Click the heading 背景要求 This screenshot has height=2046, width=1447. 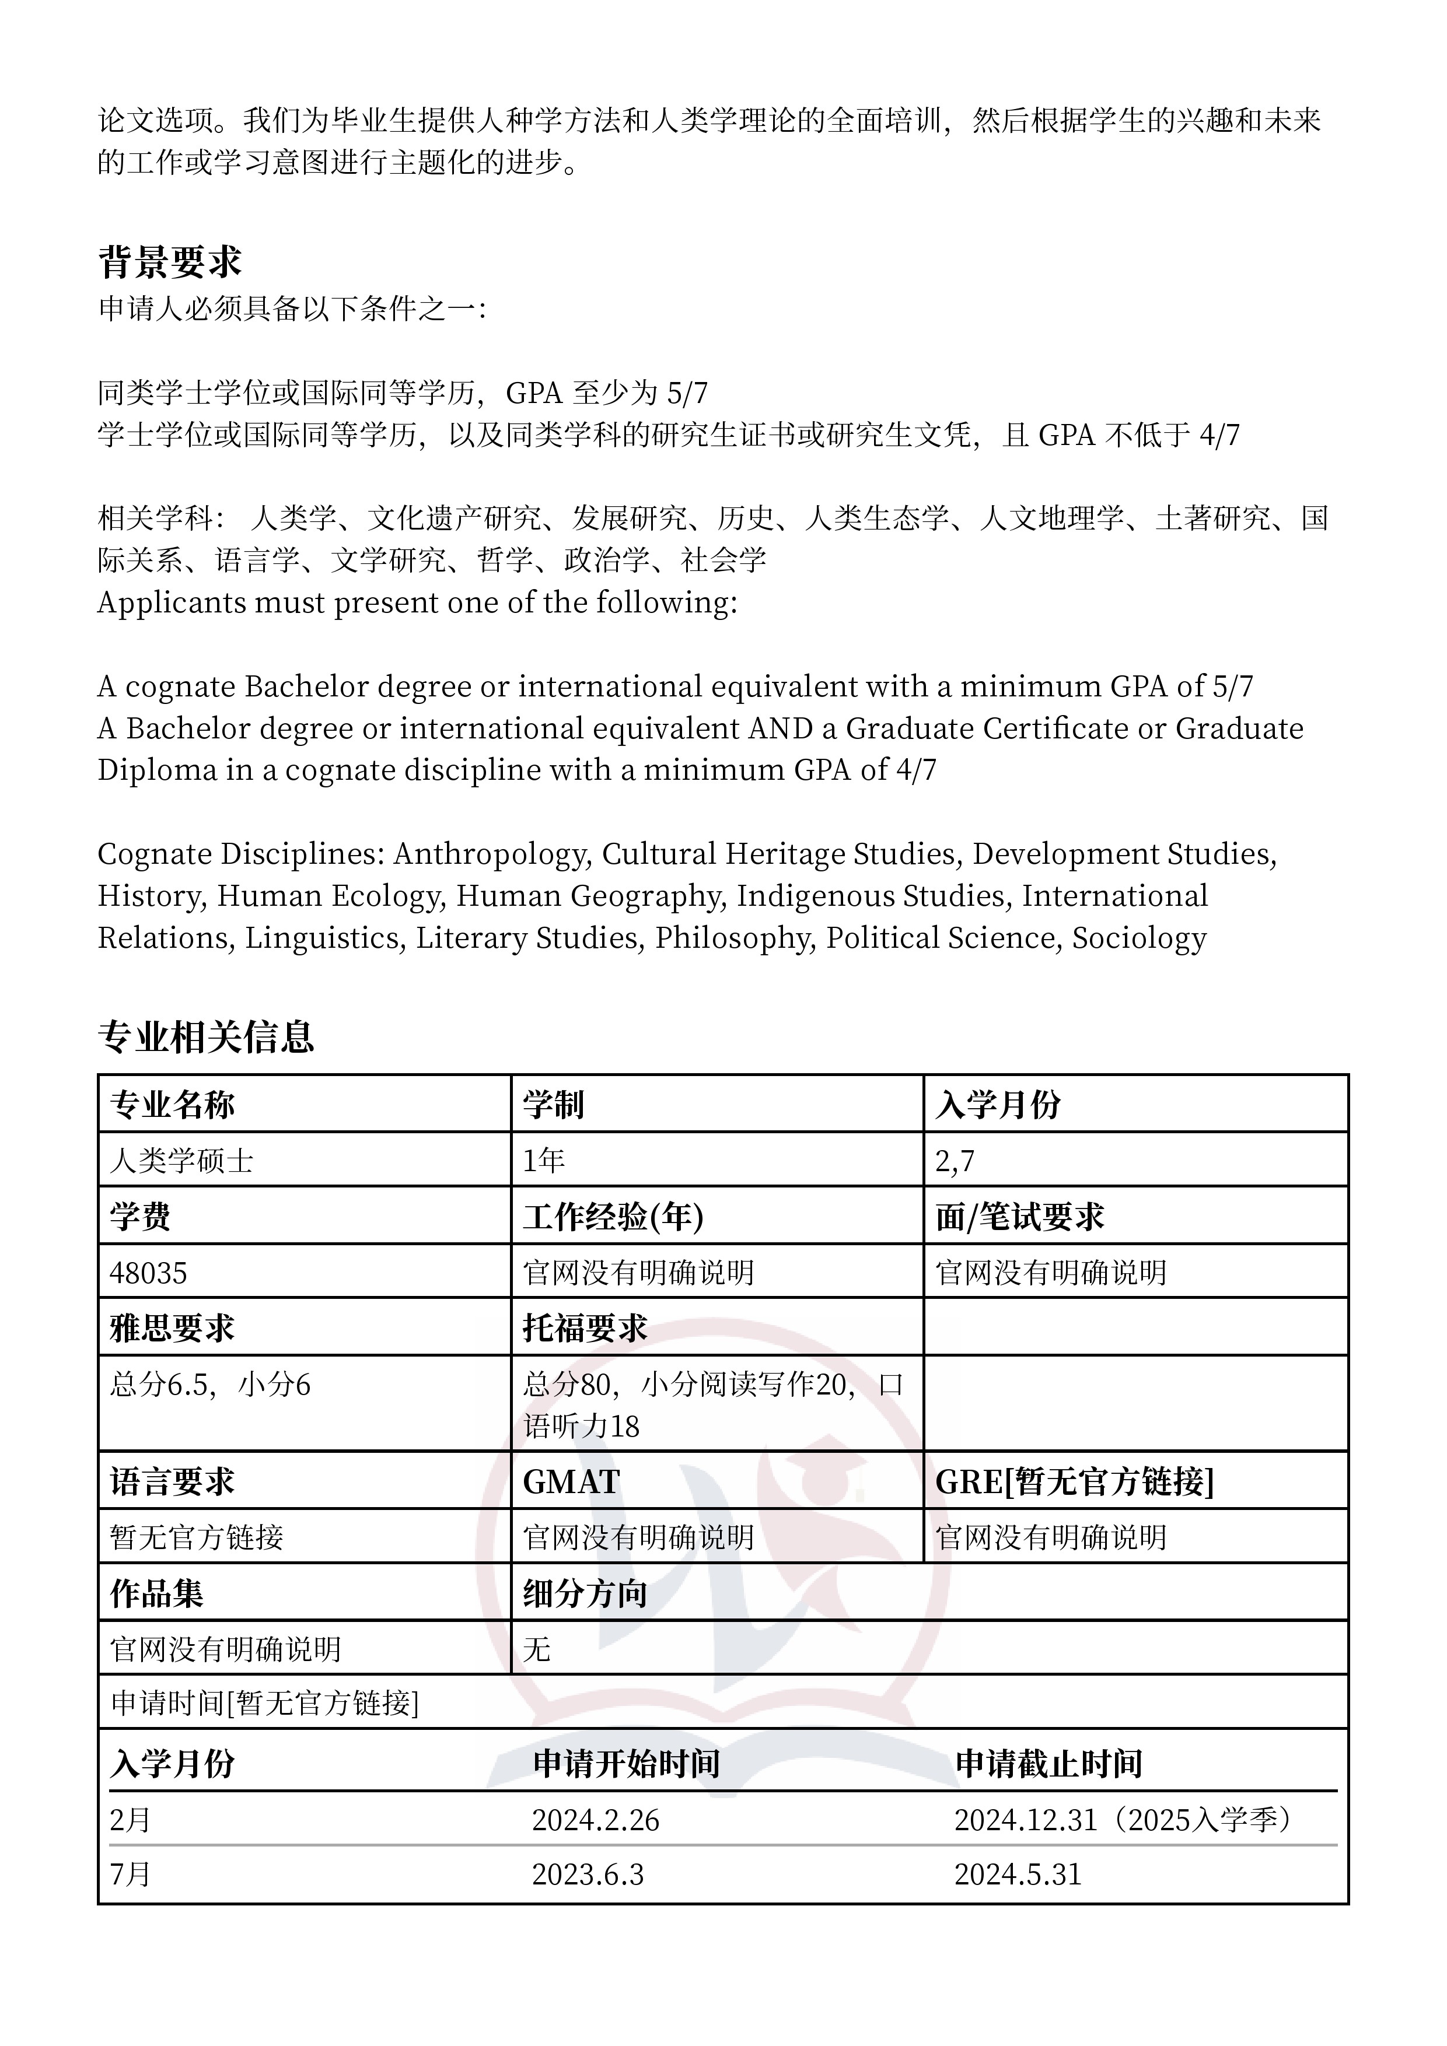click(169, 262)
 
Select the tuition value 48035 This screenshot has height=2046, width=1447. click(148, 1273)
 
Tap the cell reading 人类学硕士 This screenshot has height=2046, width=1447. click(182, 1160)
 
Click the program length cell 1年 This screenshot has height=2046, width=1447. click(544, 1160)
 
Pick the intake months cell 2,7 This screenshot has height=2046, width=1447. click(955, 1160)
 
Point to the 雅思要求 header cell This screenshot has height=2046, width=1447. click(172, 1329)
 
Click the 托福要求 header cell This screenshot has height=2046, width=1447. click(585, 1329)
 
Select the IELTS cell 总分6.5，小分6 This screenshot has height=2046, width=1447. click(211, 1385)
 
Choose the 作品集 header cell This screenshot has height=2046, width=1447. click(157, 1594)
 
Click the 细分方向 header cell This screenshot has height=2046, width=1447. click(585, 1594)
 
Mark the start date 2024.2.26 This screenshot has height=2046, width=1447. click(596, 1820)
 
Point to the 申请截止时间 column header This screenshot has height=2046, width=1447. click(1048, 1764)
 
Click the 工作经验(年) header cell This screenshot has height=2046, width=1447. click(613, 1217)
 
